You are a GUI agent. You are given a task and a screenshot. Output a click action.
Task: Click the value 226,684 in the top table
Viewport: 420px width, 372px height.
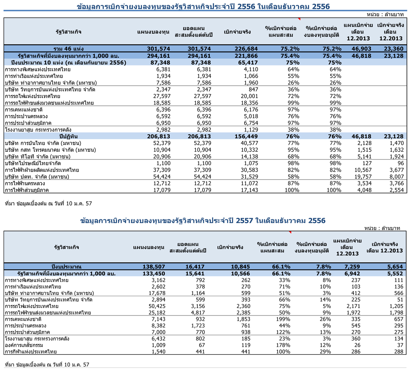[246, 49]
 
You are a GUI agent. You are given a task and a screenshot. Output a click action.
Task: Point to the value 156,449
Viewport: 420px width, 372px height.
[246, 137]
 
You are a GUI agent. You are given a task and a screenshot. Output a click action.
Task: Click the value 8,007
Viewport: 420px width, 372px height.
[397, 177]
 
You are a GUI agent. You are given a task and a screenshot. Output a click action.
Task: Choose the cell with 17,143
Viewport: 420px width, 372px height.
[250, 190]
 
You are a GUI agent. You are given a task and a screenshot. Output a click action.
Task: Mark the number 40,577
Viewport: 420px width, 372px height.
[250, 143]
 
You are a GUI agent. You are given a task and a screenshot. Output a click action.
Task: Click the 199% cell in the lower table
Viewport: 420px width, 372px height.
[283, 319]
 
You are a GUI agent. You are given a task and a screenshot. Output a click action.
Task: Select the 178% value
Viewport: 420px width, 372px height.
[283, 345]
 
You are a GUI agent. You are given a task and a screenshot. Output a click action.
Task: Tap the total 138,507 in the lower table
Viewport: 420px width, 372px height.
[154, 267]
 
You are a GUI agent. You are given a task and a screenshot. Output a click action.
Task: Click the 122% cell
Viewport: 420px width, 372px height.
[283, 332]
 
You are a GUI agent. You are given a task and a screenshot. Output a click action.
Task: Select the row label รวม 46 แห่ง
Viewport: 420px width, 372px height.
[68, 49]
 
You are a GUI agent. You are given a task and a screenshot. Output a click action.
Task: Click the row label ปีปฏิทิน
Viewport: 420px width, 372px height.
[68, 137]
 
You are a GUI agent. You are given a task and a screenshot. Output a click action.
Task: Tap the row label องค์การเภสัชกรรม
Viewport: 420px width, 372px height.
[24, 345]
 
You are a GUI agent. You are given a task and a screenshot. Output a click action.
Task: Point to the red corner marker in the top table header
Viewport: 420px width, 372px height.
[299, 19]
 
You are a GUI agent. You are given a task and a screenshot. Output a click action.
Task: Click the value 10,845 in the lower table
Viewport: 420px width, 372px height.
[240, 267]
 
